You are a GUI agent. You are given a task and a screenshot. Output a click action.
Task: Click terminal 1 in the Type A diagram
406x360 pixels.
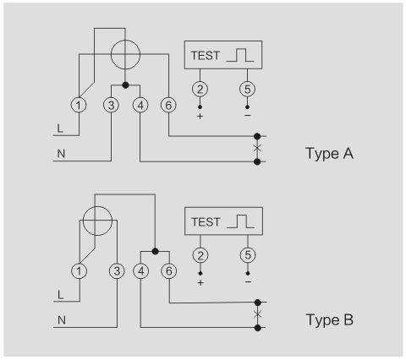[79, 105]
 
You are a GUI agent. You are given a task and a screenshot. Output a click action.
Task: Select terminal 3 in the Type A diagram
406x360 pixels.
[112, 105]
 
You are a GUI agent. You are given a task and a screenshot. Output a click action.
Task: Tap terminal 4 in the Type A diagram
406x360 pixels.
[140, 105]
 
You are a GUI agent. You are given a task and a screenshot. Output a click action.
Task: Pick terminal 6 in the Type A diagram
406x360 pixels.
[168, 105]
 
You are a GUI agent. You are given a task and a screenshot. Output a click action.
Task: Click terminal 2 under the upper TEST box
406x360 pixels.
[200, 89]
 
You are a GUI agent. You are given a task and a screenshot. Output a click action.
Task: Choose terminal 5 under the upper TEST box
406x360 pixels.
[247, 89]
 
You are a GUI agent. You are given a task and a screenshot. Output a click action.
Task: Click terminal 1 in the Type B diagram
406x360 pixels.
[79, 271]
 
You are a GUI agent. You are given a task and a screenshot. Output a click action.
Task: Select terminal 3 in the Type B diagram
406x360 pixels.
[117, 271]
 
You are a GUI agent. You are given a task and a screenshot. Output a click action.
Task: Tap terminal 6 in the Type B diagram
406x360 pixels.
[169, 271]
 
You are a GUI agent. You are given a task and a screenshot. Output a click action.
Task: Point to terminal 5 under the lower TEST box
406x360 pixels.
[248, 255]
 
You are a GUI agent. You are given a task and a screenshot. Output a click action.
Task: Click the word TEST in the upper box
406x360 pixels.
[206, 56]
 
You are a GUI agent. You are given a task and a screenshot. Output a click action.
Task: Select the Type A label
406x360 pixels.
[329, 154]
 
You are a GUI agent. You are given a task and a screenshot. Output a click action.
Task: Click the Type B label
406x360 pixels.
[330, 320]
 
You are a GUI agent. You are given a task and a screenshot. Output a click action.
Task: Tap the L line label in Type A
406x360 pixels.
[60, 128]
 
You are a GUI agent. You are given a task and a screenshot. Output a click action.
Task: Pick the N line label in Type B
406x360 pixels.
[62, 320]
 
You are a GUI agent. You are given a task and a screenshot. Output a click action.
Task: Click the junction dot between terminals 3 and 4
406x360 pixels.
[126, 85]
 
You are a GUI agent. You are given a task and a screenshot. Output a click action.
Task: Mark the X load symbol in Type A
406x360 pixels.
[257, 148]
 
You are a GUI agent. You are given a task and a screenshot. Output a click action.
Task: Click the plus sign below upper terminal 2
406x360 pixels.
[200, 116]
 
